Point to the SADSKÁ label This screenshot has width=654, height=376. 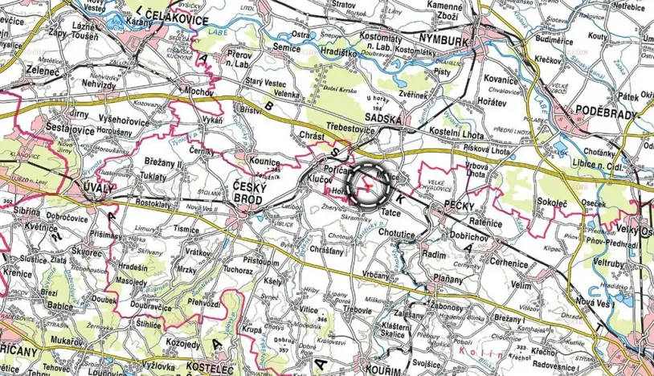[x=383, y=119]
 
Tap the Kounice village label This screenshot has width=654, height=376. [x=263, y=161]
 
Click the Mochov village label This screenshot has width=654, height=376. [x=199, y=92]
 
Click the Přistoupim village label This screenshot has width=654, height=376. [x=261, y=262]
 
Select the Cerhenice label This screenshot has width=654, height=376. [x=509, y=263]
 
